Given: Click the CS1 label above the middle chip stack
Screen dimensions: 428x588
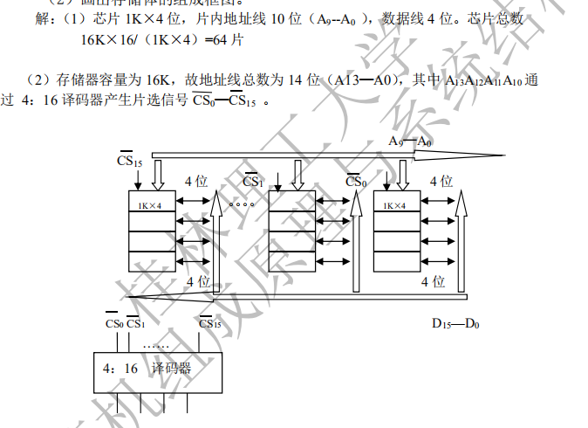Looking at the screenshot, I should tap(253, 182).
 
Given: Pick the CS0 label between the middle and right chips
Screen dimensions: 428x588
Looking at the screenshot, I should tap(355, 182).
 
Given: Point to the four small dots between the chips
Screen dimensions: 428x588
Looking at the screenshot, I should tap(242, 204).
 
